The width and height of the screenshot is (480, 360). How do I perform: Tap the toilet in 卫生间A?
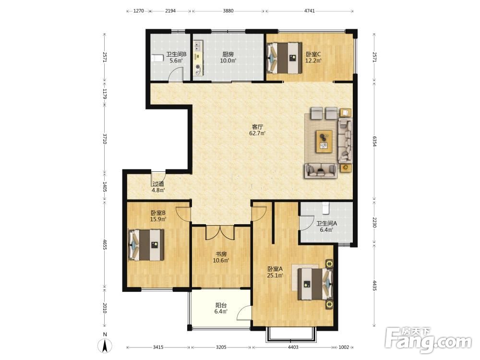(x=325, y=208)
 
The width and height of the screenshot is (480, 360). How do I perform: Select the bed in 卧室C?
(x=284, y=58)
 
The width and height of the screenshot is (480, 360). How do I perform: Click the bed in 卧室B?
(x=146, y=245)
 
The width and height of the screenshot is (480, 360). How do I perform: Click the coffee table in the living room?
(x=324, y=141)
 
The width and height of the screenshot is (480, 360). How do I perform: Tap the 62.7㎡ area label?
(x=257, y=133)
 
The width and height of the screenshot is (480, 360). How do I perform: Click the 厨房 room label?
(x=228, y=54)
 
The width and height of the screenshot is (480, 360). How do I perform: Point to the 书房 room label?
(x=221, y=254)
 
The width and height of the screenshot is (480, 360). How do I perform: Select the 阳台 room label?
(x=221, y=305)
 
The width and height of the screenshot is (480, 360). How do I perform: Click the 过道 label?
(x=158, y=184)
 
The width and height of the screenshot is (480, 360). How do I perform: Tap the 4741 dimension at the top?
(x=310, y=11)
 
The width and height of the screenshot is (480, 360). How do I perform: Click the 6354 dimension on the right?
(x=374, y=142)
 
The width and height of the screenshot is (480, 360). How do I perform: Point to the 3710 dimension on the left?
(x=104, y=138)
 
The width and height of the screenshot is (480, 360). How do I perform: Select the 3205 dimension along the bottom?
(x=221, y=347)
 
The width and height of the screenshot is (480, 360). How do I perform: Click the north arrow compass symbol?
(x=105, y=344)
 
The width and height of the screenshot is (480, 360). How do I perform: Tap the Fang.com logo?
(x=429, y=340)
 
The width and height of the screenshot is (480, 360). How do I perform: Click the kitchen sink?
(x=198, y=46)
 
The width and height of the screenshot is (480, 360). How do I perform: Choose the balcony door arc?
(x=243, y=312)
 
